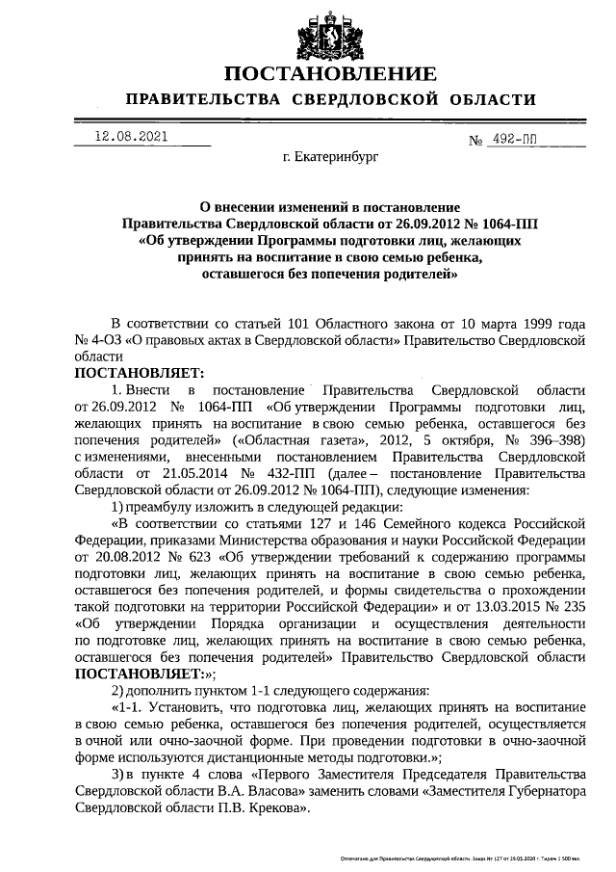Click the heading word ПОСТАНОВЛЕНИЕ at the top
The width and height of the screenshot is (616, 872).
[329, 73]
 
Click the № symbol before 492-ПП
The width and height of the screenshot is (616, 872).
[475, 142]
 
